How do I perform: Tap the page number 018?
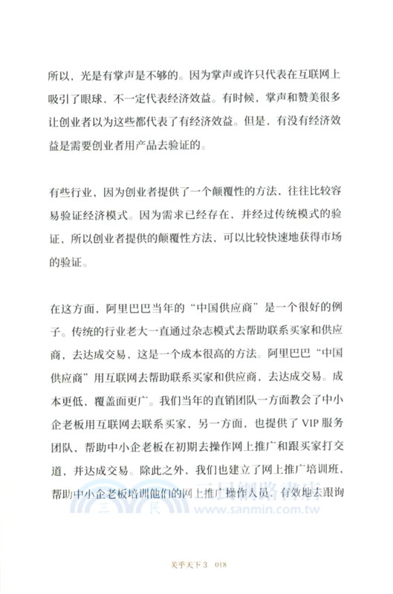click(x=219, y=565)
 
